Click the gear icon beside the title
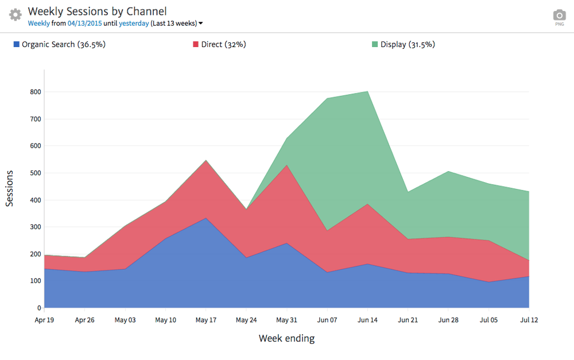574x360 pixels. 15,15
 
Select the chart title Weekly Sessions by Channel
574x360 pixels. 97,11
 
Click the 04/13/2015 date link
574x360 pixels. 84,24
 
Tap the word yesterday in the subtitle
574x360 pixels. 134,24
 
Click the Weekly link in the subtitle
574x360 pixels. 38,24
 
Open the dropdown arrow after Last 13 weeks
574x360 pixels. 201,24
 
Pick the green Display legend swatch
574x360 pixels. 375,44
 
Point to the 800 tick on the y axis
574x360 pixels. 35,92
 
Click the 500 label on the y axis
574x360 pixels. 35,173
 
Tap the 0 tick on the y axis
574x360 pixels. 38,308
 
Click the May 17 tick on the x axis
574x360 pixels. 205,320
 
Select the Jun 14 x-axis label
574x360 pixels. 367,320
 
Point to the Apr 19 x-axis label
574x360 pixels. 44,320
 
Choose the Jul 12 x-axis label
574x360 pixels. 529,320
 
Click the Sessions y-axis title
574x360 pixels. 10,188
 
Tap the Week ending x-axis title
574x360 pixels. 286,339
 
